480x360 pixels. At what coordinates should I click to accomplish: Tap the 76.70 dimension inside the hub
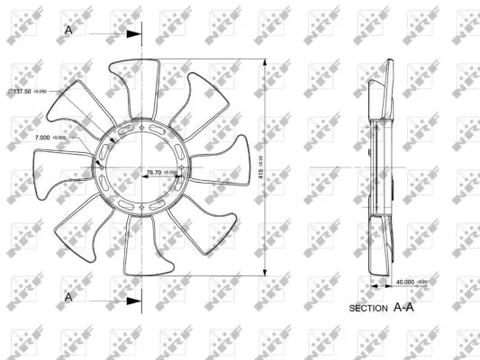click(x=153, y=171)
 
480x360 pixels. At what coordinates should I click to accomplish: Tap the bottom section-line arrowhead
click(x=134, y=301)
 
